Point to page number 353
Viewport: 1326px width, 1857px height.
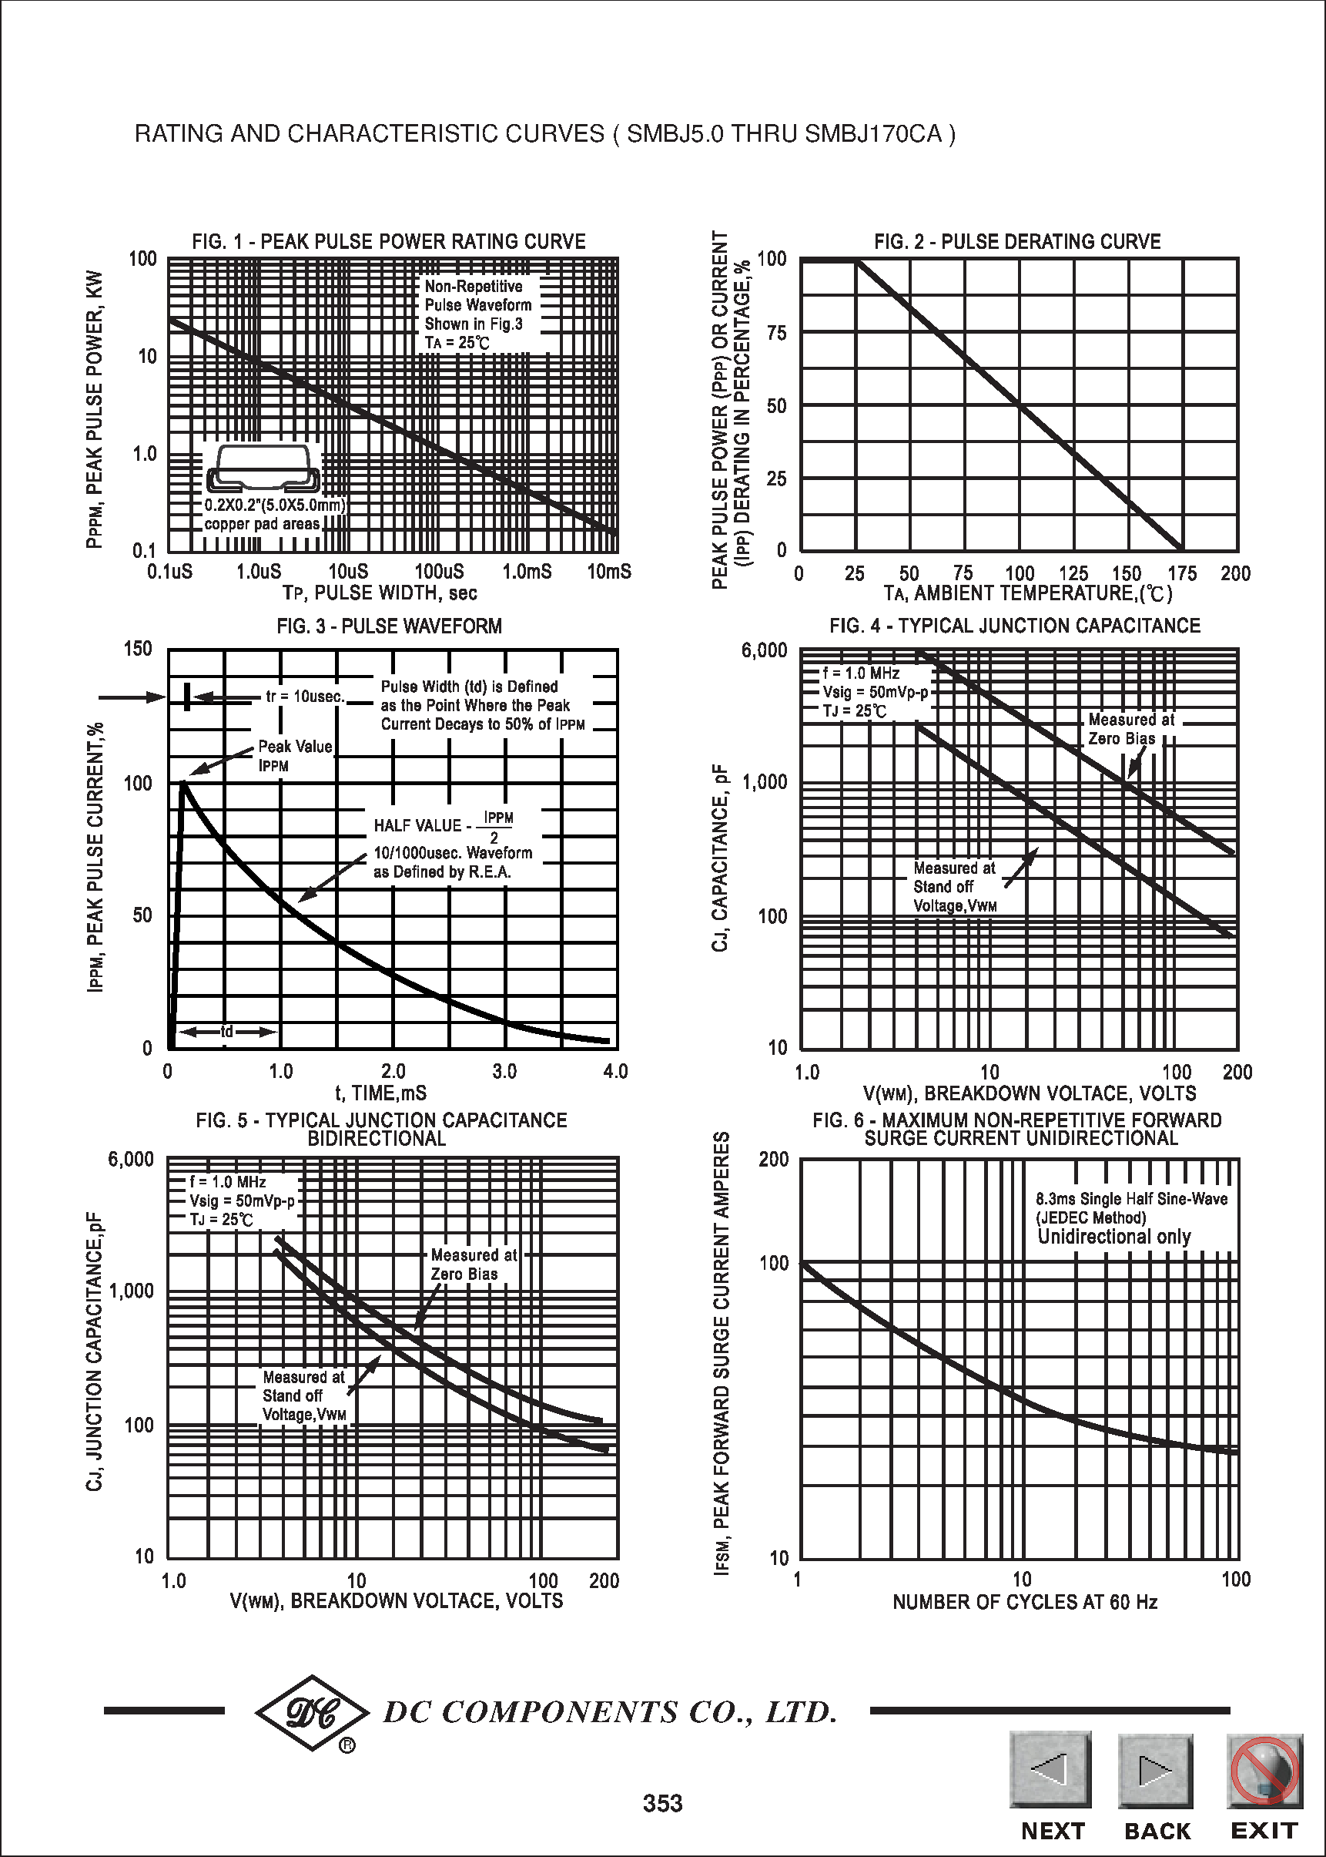(x=662, y=1803)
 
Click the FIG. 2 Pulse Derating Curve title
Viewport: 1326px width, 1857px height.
(x=1016, y=242)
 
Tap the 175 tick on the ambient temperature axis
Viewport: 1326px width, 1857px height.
(x=1181, y=573)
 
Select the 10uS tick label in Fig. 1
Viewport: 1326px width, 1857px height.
(x=349, y=572)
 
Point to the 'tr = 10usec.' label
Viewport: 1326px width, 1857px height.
(x=306, y=696)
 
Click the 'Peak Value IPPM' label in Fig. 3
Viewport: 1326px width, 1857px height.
(x=295, y=756)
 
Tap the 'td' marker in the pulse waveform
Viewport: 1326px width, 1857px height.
(x=227, y=1032)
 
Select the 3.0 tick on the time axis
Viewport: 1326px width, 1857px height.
(x=504, y=1071)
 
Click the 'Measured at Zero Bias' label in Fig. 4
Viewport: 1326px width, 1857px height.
(x=1131, y=729)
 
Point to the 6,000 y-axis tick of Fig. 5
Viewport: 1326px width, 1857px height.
(x=131, y=1160)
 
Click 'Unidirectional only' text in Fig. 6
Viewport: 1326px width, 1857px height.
(x=1113, y=1237)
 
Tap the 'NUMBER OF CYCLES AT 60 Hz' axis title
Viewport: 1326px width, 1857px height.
(x=1025, y=1602)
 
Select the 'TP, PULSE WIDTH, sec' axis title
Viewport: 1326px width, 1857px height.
(x=380, y=593)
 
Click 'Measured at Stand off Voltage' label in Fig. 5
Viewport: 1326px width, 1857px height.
(x=303, y=1395)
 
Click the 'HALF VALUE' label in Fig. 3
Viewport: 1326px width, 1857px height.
(x=417, y=825)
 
